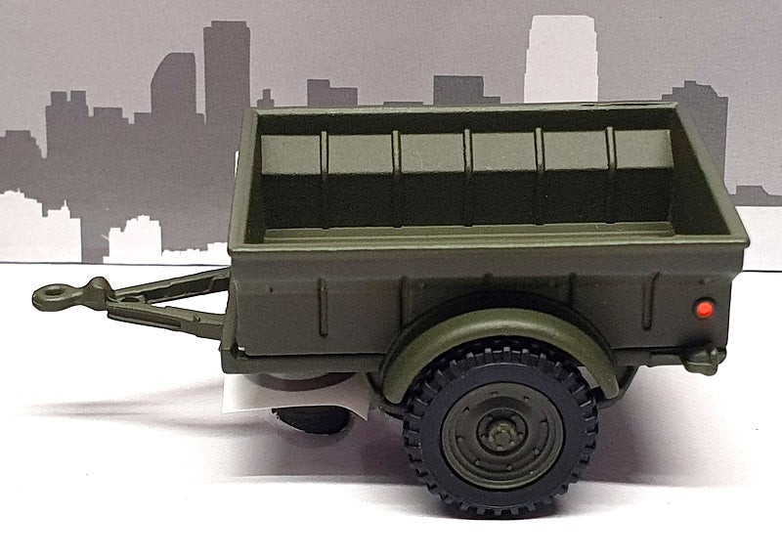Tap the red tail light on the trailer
[x=701, y=310]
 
